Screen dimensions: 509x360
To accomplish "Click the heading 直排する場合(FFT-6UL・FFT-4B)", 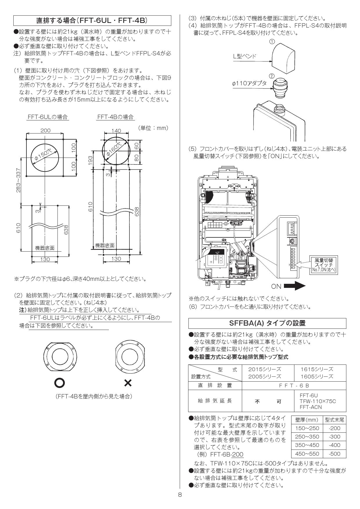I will click(x=92, y=21).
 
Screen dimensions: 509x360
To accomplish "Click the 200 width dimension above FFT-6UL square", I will click(x=45, y=130).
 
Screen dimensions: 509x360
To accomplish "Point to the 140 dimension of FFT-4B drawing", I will click(x=116, y=131).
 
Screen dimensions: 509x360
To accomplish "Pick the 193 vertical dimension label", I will click(x=90, y=159).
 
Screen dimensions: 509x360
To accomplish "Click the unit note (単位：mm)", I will click(x=153, y=128).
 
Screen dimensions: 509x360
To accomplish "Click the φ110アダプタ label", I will click(x=249, y=83).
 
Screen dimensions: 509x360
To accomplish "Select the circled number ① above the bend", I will click(x=272, y=41).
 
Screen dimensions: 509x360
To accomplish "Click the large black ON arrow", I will click(x=294, y=286).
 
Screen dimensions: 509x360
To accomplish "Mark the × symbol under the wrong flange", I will click(x=127, y=383).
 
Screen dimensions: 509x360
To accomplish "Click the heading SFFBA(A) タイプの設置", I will click(x=267, y=323).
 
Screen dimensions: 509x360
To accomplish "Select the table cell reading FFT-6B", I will click(x=294, y=385).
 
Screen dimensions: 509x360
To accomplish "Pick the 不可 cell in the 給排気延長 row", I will click(x=268, y=402).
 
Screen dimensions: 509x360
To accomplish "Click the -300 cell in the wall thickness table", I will click(x=334, y=436).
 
